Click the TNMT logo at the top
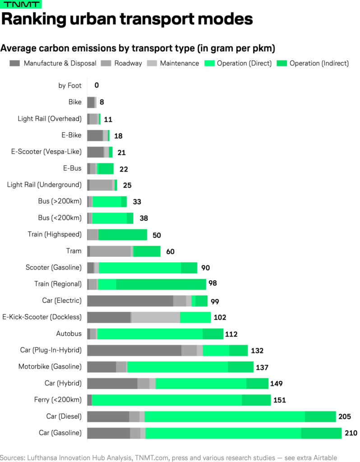point(21,5)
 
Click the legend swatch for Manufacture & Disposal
point(15,63)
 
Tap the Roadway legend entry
point(128,63)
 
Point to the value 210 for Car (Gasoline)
point(351,433)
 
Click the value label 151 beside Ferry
point(279,400)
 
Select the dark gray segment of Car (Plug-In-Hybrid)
point(134,351)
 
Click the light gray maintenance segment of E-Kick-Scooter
point(156,317)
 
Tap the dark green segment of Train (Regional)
point(161,284)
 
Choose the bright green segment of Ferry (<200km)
point(167,400)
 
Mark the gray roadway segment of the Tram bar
point(111,251)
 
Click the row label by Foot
point(70,85)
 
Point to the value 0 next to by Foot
point(97,85)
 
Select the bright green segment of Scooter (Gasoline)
point(140,268)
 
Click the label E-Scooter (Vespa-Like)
point(46,152)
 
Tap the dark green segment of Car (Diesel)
point(320,416)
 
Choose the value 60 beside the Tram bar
point(170,251)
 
